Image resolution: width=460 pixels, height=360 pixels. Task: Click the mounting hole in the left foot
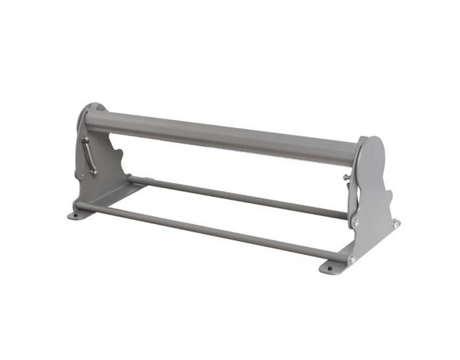74,214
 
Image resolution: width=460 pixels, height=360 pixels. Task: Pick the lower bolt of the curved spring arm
95,171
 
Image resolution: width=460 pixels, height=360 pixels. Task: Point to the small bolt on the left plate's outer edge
79,175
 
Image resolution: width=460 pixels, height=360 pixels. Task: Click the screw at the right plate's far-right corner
396,225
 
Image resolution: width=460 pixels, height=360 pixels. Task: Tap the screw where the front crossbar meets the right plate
351,260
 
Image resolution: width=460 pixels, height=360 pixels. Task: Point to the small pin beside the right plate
346,177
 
